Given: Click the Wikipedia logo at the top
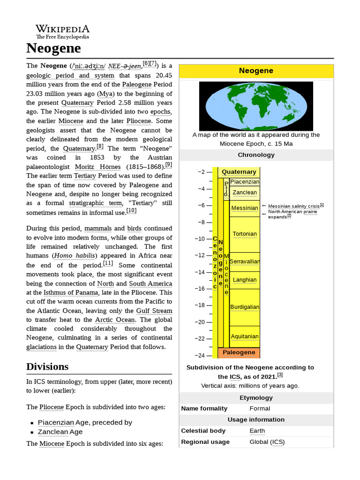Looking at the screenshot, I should [62, 31].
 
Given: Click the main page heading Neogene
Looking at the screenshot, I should [53, 48].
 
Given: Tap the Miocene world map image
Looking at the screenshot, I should [256, 106].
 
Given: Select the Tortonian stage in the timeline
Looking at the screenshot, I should [244, 234].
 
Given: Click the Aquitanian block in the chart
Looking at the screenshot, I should [244, 337].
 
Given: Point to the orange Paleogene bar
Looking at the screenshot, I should [239, 352].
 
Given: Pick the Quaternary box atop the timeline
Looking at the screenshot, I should [239, 172].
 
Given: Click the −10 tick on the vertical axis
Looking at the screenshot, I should [200, 239].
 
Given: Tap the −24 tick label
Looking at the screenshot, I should [200, 355].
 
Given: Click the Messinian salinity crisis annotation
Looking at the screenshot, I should [294, 206].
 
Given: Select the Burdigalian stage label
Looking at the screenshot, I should [244, 307].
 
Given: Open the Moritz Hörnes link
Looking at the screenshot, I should [97, 167].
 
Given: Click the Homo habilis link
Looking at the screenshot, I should [75, 256].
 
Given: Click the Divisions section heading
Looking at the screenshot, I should [47, 367].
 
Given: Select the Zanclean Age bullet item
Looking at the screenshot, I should [60, 432].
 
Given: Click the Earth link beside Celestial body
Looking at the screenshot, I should [257, 431].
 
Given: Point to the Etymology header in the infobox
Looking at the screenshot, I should [256, 397].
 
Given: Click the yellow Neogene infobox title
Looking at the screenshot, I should [256, 71].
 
